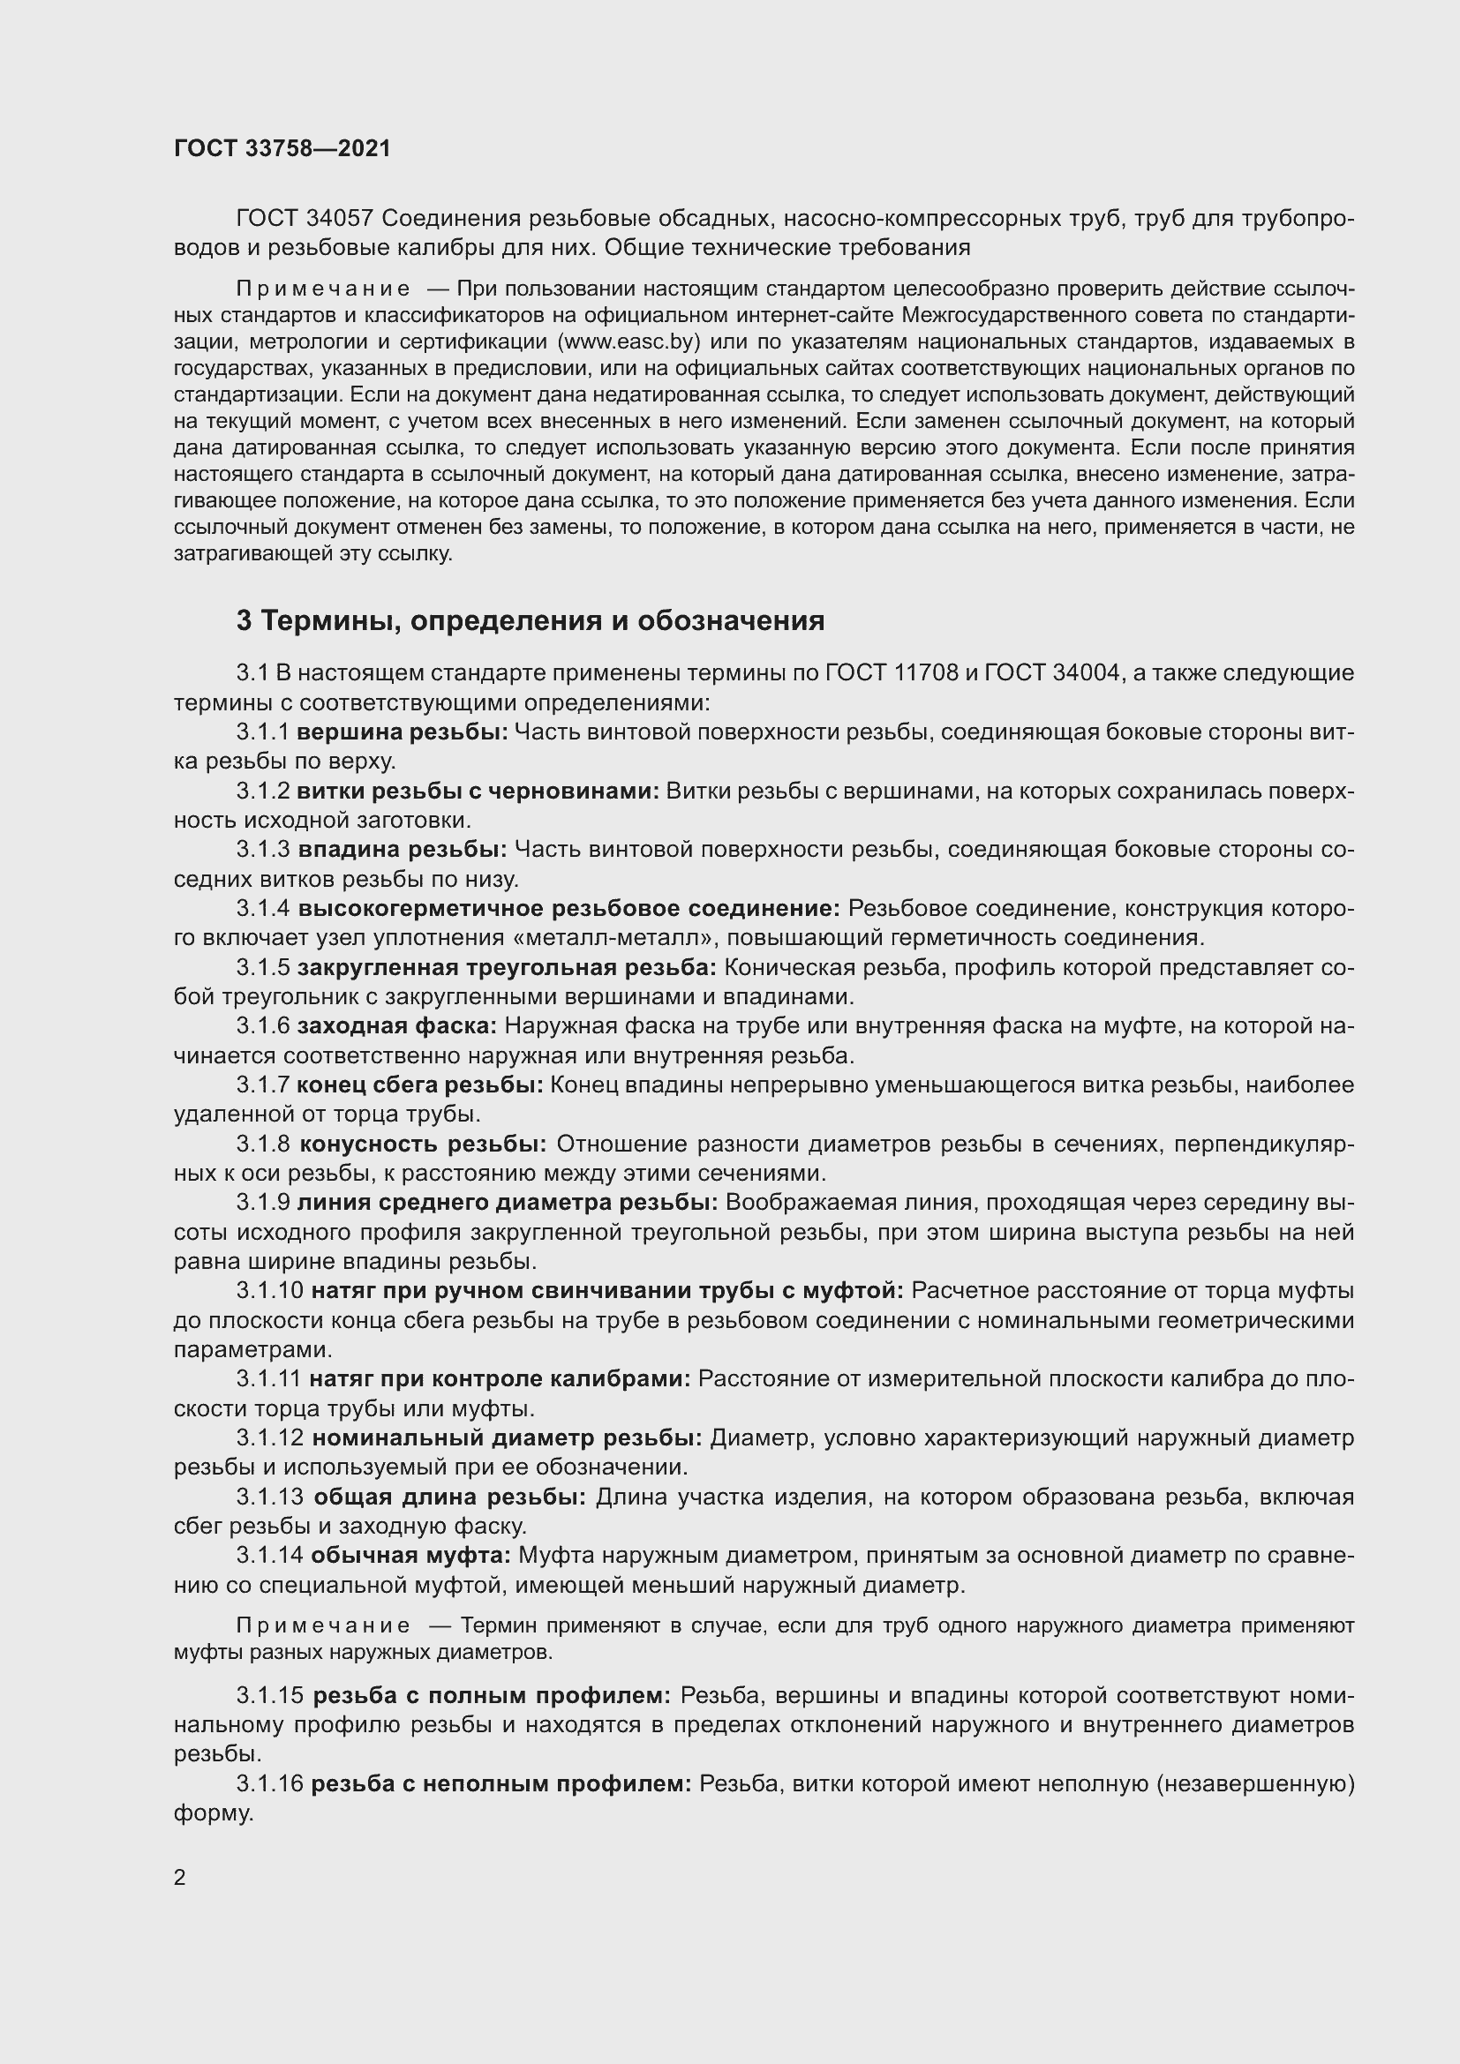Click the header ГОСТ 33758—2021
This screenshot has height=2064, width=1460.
click(282, 148)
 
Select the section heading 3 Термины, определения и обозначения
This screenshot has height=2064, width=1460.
click(531, 621)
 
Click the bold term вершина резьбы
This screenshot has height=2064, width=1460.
click(403, 732)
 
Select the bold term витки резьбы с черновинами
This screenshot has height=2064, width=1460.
click(478, 791)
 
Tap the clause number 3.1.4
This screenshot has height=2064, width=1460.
click(263, 910)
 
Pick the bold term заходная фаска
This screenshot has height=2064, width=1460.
click(396, 1026)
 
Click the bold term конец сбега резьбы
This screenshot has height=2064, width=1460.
click(420, 1086)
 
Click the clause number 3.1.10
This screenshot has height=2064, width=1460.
click(270, 1291)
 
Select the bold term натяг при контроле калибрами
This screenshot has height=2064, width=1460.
click(500, 1379)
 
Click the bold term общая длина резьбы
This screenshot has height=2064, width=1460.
click(449, 1497)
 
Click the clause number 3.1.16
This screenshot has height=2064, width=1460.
click(270, 1783)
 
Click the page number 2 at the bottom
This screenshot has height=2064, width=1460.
click(180, 1878)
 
